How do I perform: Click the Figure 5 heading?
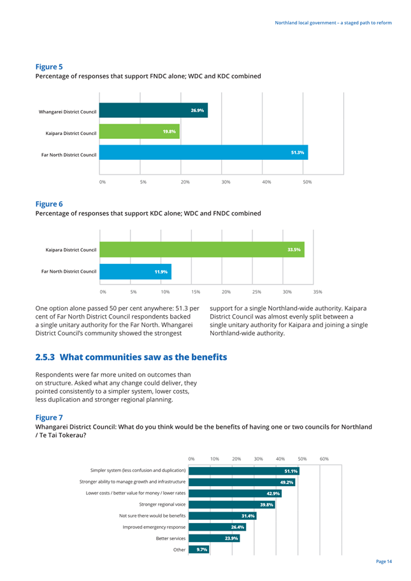(49, 67)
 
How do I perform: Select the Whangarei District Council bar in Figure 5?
(154, 110)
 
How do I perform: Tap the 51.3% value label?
(298, 152)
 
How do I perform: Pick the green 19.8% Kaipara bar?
(140, 131)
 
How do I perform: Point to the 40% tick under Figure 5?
(266, 182)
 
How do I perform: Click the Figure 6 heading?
(49, 204)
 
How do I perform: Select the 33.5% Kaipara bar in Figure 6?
(202, 249)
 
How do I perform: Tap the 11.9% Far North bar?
(136, 271)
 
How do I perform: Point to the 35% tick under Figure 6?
(317, 292)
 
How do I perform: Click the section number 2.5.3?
(45, 357)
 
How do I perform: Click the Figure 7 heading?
(49, 418)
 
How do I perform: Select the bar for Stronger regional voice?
(232, 505)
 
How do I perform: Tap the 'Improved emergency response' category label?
(154, 527)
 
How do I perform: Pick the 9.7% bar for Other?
(199, 550)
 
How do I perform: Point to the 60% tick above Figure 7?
(324, 459)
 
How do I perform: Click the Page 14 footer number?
(384, 561)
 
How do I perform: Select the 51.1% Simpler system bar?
(244, 471)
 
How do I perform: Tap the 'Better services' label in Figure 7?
(171, 538)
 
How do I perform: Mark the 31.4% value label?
(248, 516)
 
